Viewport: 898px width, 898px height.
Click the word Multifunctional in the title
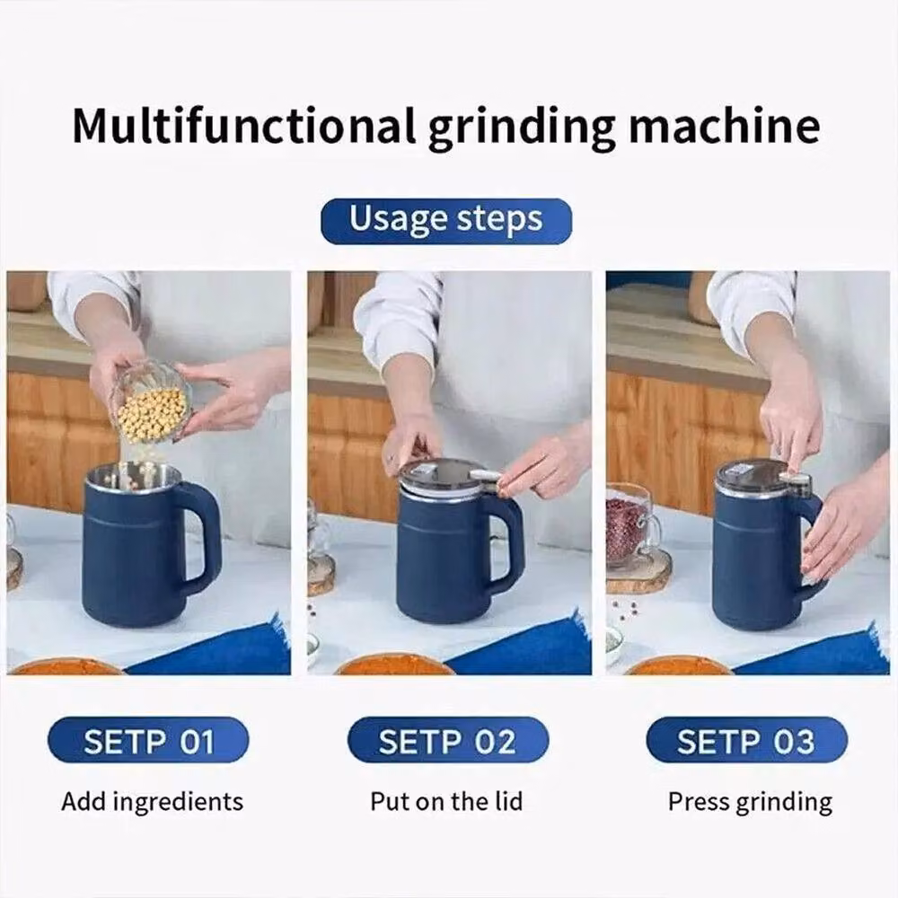click(x=243, y=126)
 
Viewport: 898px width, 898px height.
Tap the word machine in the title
click(x=725, y=126)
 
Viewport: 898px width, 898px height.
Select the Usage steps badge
click(x=446, y=221)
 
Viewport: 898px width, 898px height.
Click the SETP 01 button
click(x=148, y=740)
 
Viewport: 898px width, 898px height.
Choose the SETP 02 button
click(x=448, y=740)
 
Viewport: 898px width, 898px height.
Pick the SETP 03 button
click(x=746, y=740)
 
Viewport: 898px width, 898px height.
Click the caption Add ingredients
click(x=153, y=802)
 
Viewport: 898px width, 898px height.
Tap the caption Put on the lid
click(x=446, y=801)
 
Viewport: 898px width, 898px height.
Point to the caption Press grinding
click(x=750, y=802)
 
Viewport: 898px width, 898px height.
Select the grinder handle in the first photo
click(x=201, y=537)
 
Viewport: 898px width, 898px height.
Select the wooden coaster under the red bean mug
click(x=638, y=570)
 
